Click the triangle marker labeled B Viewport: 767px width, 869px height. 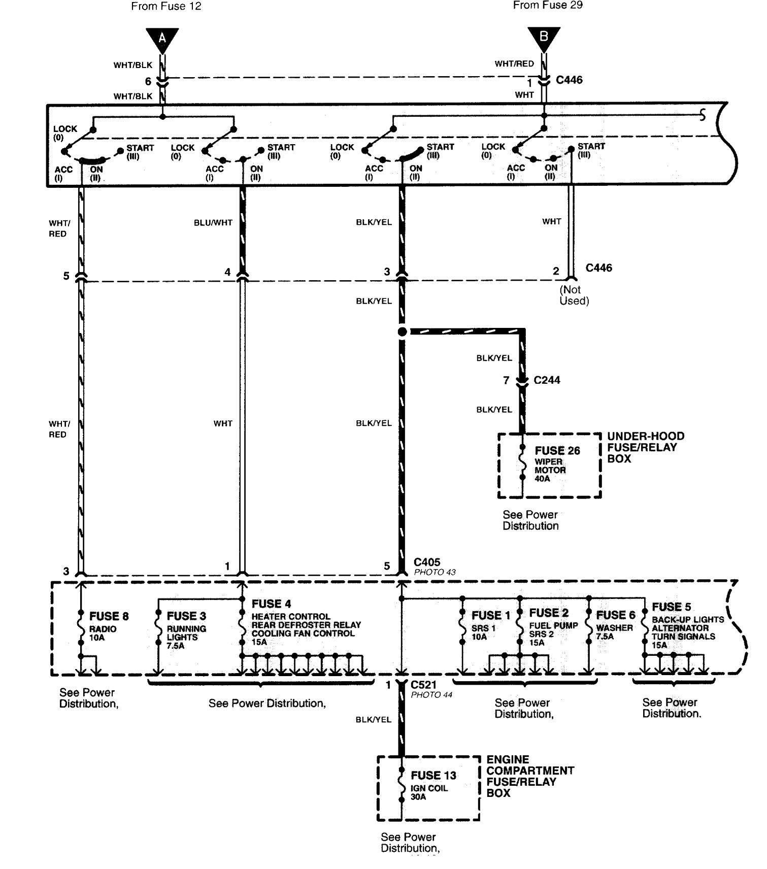click(544, 39)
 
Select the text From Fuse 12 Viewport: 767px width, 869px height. click(166, 6)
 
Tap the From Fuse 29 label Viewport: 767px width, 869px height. click(548, 5)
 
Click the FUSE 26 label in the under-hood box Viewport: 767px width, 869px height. click(557, 451)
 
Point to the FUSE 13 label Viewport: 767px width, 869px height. click(433, 776)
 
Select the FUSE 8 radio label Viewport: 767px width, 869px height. click(109, 616)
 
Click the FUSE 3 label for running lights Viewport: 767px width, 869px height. click(186, 616)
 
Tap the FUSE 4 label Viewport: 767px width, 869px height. click(272, 604)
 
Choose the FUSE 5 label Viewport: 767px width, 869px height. click(672, 607)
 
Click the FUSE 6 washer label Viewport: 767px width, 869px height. click(616, 615)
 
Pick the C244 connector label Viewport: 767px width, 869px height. click(547, 380)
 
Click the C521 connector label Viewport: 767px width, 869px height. click(423, 685)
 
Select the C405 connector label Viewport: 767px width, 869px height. click(427, 562)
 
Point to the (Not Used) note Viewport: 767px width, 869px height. click(574, 295)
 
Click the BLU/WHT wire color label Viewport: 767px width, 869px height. click(213, 223)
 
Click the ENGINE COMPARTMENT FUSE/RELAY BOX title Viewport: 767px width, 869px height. click(530, 776)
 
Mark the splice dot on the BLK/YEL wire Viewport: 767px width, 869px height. click(403, 332)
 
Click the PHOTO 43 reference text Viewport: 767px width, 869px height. click(435, 572)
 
